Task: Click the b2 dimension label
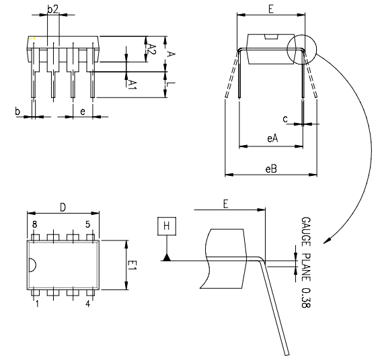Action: tap(53, 9)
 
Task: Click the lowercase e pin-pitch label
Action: tap(82, 111)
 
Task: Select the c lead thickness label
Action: tap(285, 119)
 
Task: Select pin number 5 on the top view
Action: tap(87, 224)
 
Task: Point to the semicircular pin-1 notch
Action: tap(31, 264)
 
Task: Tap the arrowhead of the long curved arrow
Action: tap(325, 240)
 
